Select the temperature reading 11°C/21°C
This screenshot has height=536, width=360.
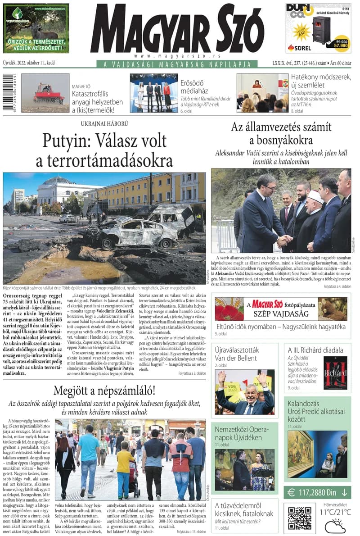335,512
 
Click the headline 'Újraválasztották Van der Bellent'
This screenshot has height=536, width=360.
237,354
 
